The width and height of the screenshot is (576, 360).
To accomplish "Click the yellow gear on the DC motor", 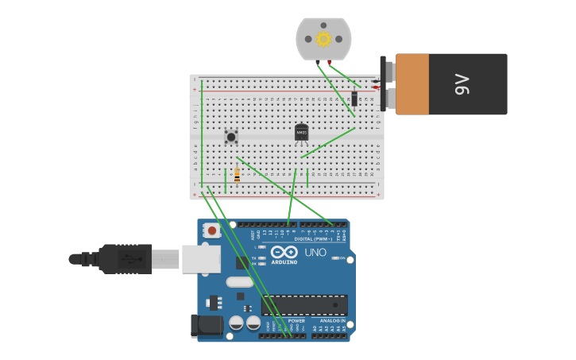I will pyautogui.click(x=323, y=39).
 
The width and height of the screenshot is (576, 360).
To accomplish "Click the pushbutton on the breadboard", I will pyautogui.click(x=231, y=137).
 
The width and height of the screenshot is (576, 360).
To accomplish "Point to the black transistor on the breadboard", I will pyautogui.click(x=301, y=133).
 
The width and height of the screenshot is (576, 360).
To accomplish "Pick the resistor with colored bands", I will pyautogui.click(x=237, y=175).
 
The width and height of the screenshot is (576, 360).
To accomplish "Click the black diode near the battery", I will pyautogui.click(x=354, y=98).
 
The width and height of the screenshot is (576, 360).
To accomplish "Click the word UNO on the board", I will pyautogui.click(x=315, y=253).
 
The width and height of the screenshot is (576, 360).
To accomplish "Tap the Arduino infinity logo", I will pyautogui.click(x=284, y=253).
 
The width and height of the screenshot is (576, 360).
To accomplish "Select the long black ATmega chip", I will pyautogui.click(x=304, y=305).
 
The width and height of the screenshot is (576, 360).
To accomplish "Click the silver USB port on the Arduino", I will pyautogui.click(x=201, y=258).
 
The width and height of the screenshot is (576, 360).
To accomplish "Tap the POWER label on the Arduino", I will pyautogui.click(x=296, y=321).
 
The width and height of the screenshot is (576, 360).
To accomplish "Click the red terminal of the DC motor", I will pyautogui.click(x=330, y=62).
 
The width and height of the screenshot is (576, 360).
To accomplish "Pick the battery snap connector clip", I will pyautogui.click(x=387, y=83).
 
